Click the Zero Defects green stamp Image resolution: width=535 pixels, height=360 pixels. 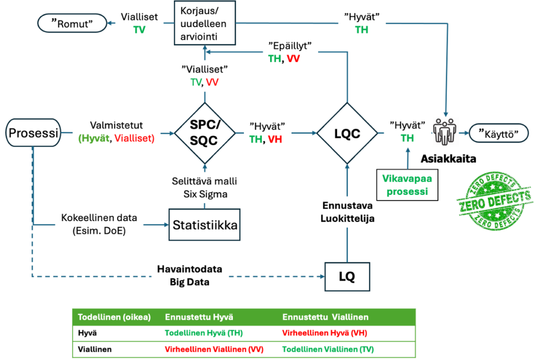pyautogui.click(x=494, y=201)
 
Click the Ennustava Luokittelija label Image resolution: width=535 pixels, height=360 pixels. pyautogui.click(x=347, y=212)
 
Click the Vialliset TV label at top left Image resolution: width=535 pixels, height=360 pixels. pyautogui.click(x=139, y=24)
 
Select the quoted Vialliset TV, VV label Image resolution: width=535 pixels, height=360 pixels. pyautogui.click(x=204, y=76)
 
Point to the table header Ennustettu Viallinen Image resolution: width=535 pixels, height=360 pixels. pyautogui.click(x=325, y=317)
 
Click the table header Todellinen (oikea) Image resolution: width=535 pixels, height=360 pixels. pyautogui.click(x=114, y=317)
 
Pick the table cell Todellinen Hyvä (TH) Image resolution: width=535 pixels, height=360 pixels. pyautogui.click(x=204, y=333)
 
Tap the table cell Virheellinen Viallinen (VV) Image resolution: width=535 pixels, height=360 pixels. pyautogui.click(x=214, y=350)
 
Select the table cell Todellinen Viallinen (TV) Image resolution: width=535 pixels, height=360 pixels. pyautogui.click(x=328, y=350)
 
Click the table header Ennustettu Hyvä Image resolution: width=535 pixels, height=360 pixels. pyautogui.click(x=199, y=317)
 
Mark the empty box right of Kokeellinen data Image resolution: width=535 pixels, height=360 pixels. pyautogui.click(x=204, y=225)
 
